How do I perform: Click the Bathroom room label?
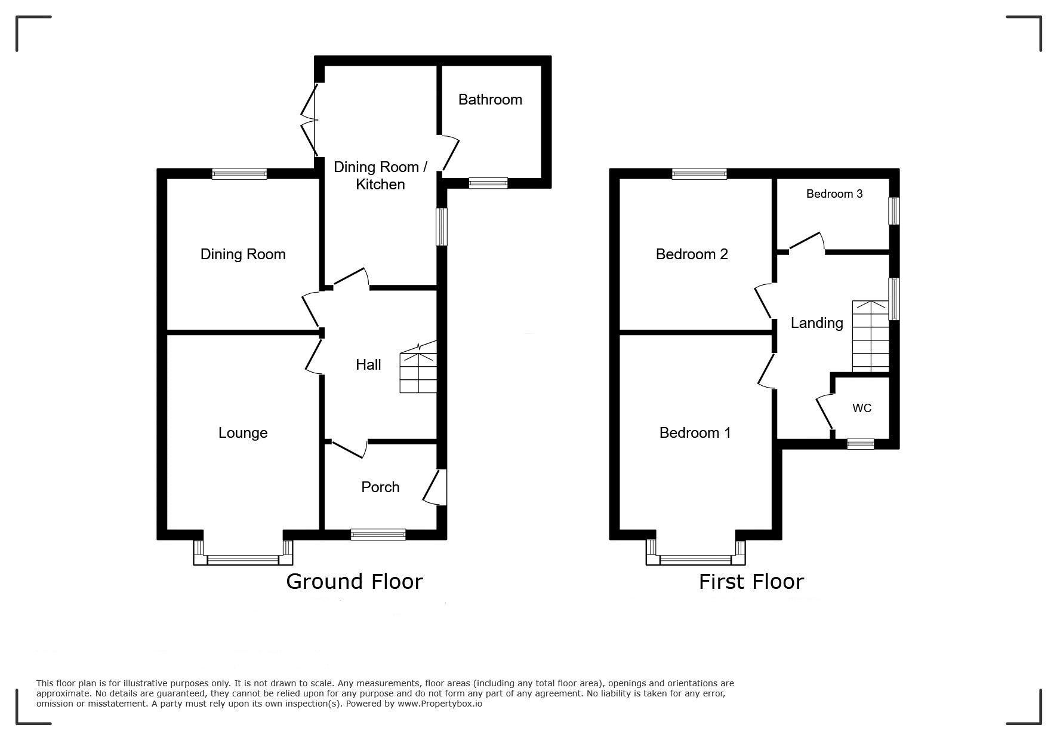point(490,100)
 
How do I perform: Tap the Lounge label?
point(243,433)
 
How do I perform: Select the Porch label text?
point(380,487)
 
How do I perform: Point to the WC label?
point(862,408)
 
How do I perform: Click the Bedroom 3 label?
point(834,194)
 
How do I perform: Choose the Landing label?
point(816,323)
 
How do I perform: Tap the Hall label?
point(368,364)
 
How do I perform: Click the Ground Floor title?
point(355,581)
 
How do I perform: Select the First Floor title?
point(751,581)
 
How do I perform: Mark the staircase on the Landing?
point(871,336)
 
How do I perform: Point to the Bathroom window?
point(488,183)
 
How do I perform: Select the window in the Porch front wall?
point(378,535)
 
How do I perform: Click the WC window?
point(861,444)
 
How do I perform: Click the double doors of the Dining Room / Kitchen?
point(310,119)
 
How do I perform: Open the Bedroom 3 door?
point(806,242)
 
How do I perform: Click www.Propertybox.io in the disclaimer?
point(440,704)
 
